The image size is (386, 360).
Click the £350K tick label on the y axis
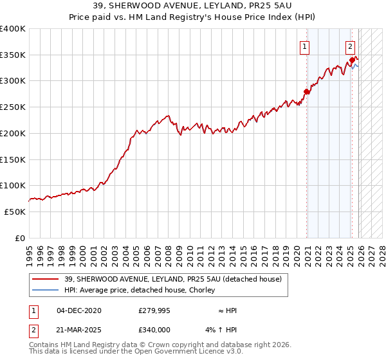[13, 55]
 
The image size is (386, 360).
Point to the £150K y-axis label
[13, 159]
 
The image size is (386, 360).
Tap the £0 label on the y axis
[19, 238]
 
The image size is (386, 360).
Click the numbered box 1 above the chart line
[304, 46]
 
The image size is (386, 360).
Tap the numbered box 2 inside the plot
[350, 46]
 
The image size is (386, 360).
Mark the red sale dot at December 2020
[306, 92]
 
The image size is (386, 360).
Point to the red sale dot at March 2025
[353, 60]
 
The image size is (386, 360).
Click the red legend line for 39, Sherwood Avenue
[46, 279]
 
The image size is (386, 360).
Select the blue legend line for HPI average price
[46, 291]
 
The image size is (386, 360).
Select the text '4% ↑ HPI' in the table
[223, 330]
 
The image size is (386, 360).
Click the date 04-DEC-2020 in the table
[79, 310]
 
